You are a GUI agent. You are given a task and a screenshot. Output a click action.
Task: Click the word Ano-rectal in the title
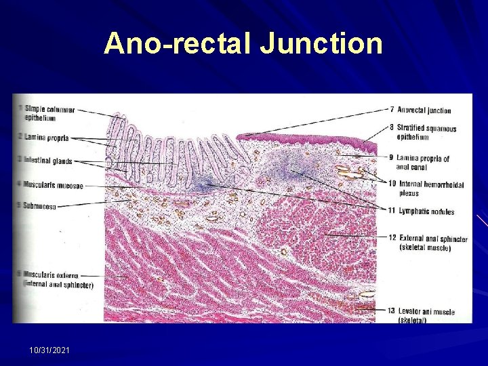(177, 44)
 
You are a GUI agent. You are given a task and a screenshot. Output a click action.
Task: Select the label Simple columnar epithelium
(49, 113)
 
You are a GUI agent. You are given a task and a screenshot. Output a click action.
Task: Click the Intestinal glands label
(48, 161)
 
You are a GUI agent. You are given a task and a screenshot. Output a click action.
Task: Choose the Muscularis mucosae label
(54, 185)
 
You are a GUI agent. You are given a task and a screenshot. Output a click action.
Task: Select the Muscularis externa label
(52, 276)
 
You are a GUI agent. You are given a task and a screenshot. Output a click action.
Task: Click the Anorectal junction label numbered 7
(424, 110)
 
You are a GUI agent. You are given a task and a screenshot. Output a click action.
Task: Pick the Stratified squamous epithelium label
(426, 132)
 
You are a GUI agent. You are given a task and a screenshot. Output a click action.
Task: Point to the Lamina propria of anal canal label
(423, 163)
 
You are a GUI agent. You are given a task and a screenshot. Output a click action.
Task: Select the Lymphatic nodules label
(426, 211)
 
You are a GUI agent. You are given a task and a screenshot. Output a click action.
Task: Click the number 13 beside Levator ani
(391, 310)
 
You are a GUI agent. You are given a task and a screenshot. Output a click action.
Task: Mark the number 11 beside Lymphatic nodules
(391, 211)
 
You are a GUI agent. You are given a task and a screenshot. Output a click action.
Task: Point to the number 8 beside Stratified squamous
(392, 127)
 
